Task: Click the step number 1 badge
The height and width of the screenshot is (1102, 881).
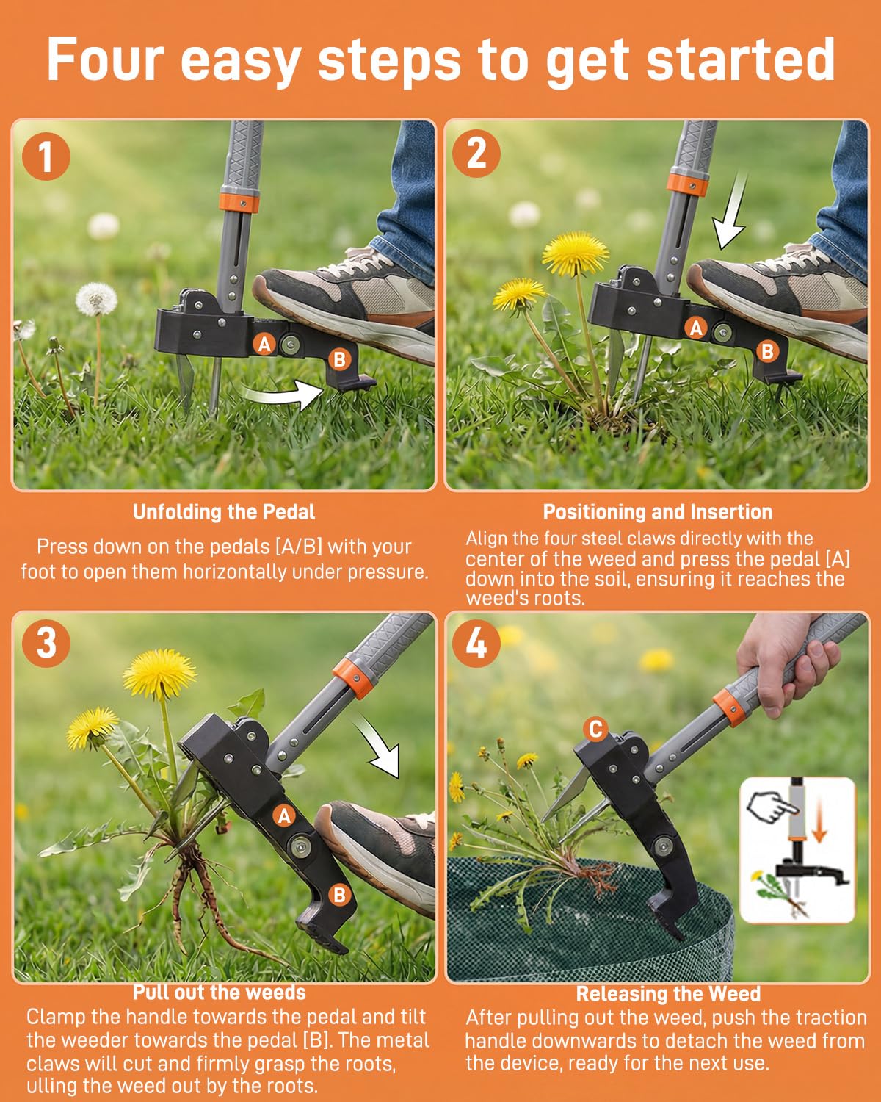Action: coord(46,156)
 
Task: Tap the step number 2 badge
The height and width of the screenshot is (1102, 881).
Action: coord(476,153)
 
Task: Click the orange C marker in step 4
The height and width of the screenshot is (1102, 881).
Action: coord(595,730)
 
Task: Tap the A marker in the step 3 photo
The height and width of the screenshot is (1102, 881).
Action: coord(284,815)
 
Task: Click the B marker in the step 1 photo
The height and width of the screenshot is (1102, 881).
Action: coord(339,359)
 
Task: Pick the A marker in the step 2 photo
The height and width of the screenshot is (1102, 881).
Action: coord(696,328)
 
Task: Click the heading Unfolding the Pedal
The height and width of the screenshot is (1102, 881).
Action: coord(224,512)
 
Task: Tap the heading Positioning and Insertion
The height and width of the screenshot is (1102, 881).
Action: coord(658,512)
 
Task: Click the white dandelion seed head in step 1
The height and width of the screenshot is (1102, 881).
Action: coord(96,299)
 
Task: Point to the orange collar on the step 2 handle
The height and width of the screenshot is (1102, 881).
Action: coord(687,184)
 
